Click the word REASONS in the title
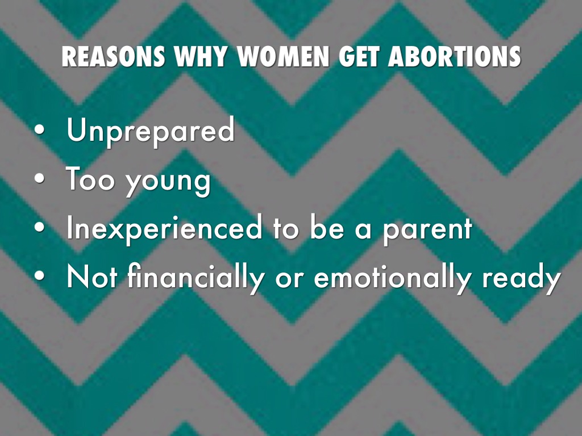coord(114,57)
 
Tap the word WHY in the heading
coord(201,57)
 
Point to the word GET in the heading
coord(359,57)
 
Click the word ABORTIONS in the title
coord(455,57)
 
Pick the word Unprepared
coord(151,131)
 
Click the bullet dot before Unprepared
coord(39,130)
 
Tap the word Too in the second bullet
coord(90,179)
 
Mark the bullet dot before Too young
coord(39,179)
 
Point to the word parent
coord(427,230)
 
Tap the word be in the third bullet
coord(327,227)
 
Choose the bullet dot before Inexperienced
coord(39,228)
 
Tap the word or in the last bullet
coord(289,279)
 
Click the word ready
coord(522,278)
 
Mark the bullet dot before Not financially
coord(39,276)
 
